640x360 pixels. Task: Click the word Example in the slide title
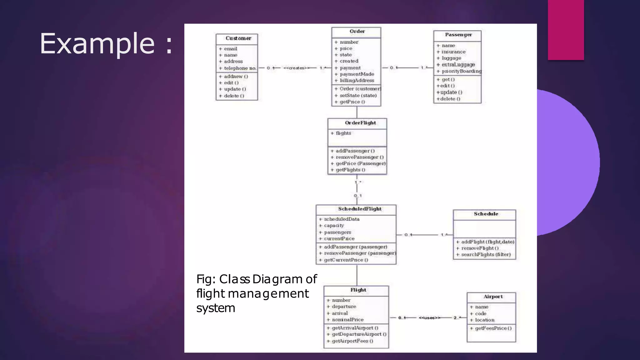tap(97, 44)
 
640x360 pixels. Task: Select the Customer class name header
tap(238, 38)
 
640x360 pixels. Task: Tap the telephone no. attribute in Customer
tap(240, 68)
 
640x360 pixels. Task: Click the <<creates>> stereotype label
tap(296, 68)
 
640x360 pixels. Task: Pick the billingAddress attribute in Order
tap(357, 81)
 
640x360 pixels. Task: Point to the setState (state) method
tap(358, 96)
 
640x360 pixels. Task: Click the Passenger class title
tap(458, 35)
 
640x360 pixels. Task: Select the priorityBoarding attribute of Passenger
tap(461, 71)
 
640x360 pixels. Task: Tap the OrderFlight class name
tap(360, 123)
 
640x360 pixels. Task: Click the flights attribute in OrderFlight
tap(343, 133)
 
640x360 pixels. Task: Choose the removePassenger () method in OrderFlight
tap(359, 157)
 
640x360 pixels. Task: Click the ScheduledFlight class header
tap(360, 209)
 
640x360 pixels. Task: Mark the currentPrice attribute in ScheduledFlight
tap(339, 239)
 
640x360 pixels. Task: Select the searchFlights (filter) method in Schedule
tap(486, 255)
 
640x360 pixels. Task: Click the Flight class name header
tap(358, 290)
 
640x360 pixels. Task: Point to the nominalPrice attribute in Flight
tap(347, 320)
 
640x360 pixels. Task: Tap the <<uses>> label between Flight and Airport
tap(429, 318)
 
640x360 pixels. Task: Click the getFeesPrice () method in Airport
tap(493, 328)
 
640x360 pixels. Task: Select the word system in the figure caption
tap(216, 308)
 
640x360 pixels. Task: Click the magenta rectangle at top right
tap(566, 30)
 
